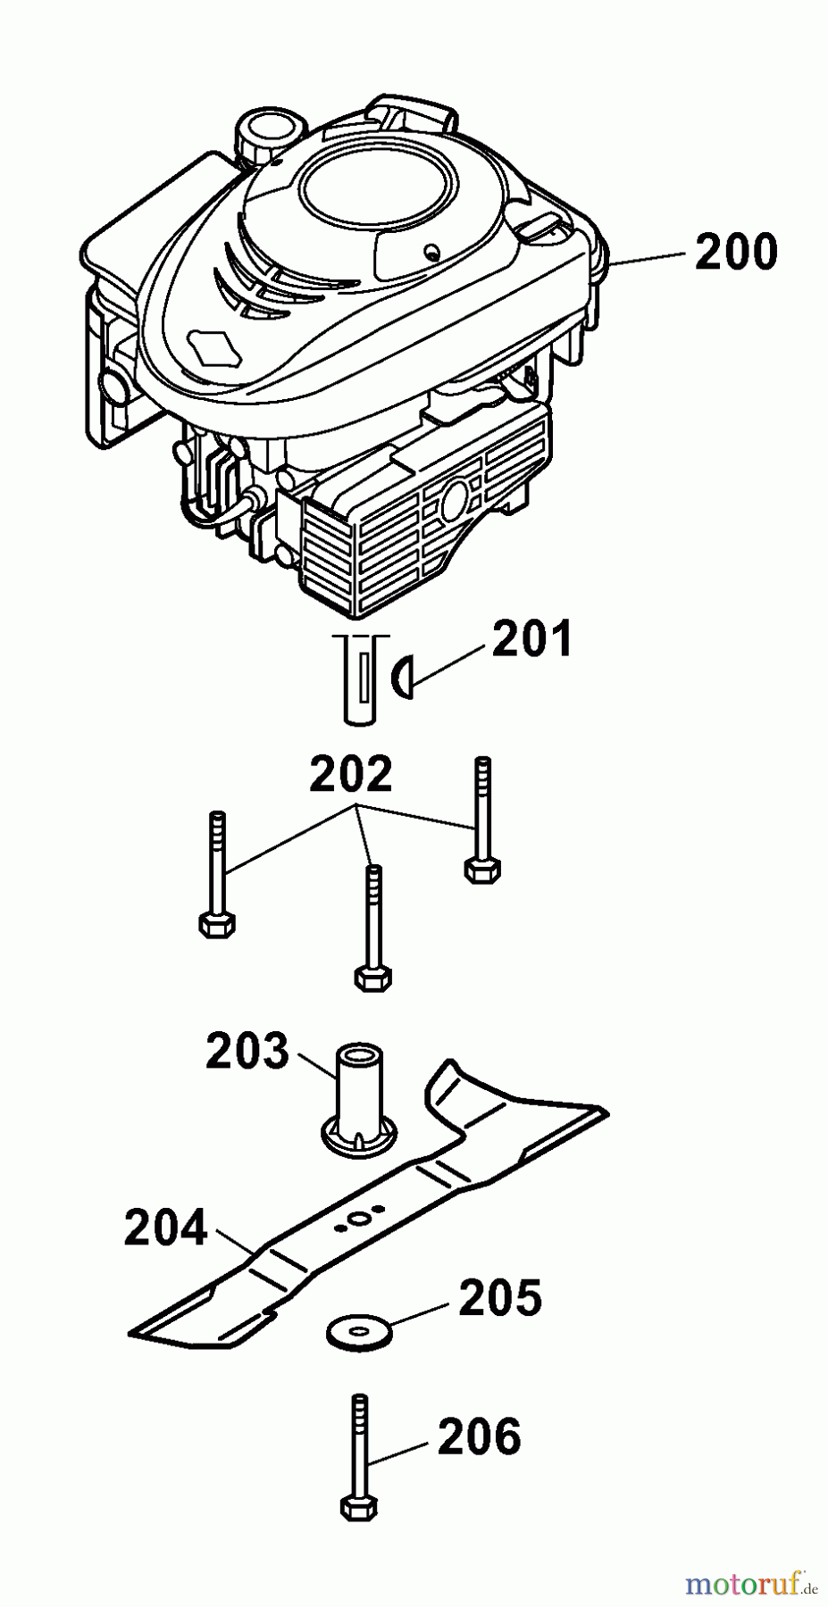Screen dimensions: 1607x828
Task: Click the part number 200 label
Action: coord(736,252)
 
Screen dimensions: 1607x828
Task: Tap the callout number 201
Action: coord(531,640)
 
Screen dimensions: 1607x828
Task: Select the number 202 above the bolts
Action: coord(351,775)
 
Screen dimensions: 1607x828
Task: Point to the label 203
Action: coord(247,1052)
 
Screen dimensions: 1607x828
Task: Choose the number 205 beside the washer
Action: coord(499,1297)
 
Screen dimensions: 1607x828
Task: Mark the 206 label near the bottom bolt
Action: coord(479,1436)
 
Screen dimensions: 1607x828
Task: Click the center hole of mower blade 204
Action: coord(359,1218)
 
